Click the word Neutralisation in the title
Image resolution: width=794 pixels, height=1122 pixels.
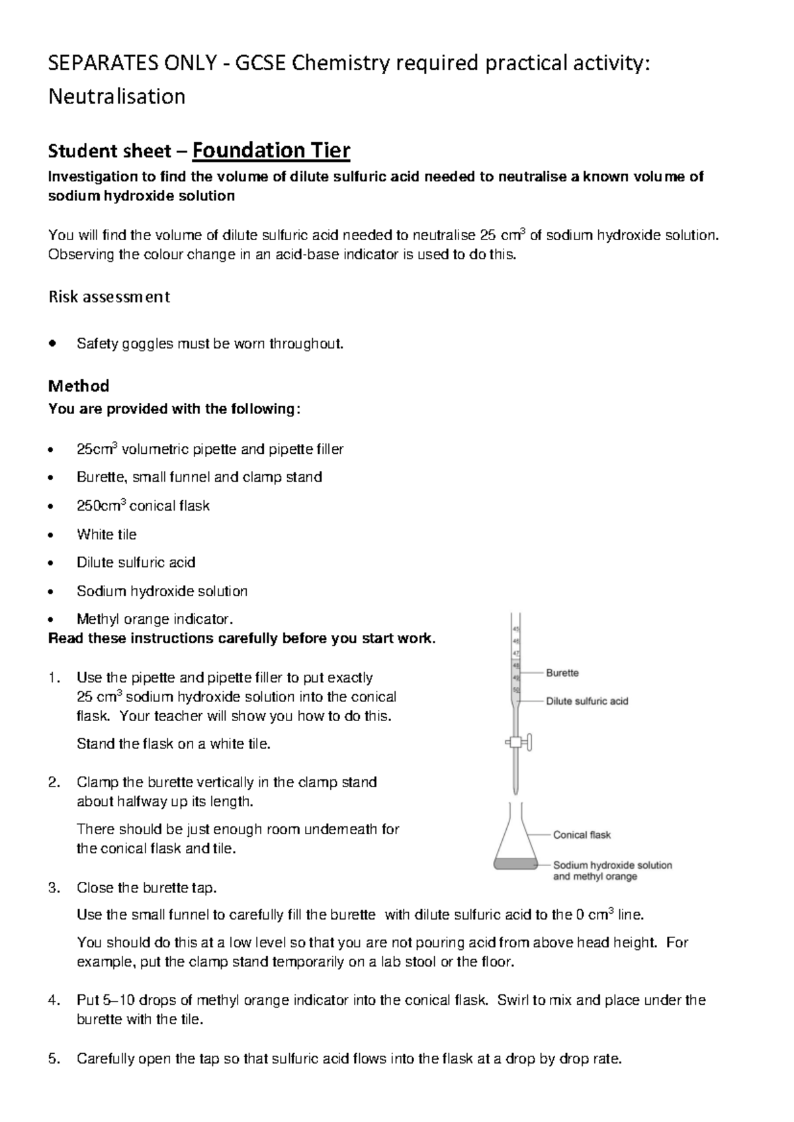pyautogui.click(x=117, y=97)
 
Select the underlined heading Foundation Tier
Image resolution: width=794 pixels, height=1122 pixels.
pyautogui.click(x=271, y=151)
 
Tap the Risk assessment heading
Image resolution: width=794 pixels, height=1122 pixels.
pyautogui.click(x=109, y=297)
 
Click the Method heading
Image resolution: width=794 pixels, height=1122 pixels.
pyautogui.click(x=79, y=386)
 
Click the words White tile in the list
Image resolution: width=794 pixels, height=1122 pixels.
pyautogui.click(x=107, y=534)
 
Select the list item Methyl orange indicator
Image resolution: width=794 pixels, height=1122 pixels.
pyautogui.click(x=155, y=619)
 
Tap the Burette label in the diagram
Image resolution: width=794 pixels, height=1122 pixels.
pyautogui.click(x=562, y=673)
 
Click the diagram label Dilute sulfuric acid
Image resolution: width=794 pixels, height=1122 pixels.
pyautogui.click(x=586, y=701)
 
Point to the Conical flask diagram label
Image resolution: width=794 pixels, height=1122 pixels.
pyautogui.click(x=582, y=835)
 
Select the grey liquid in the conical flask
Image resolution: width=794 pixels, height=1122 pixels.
pyautogui.click(x=515, y=863)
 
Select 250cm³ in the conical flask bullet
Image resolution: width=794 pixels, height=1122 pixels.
pyautogui.click(x=101, y=505)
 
